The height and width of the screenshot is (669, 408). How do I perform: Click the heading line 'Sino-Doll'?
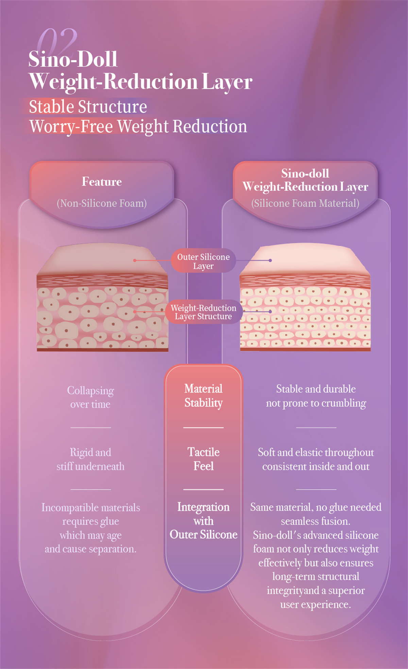[x=73, y=59]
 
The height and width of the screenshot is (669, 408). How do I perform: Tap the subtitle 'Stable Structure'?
[x=88, y=107]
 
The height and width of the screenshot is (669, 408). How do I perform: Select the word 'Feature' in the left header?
[x=102, y=182]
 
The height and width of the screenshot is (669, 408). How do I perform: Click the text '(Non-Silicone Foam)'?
[x=102, y=203]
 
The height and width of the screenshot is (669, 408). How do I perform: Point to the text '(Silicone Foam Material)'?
[x=305, y=203]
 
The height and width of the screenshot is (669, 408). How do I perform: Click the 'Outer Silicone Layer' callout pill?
[x=203, y=261]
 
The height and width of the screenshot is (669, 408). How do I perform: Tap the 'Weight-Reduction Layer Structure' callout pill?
[x=203, y=312]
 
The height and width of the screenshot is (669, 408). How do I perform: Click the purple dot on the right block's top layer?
[x=270, y=260]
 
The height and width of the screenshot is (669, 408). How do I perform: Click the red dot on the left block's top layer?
[x=135, y=260]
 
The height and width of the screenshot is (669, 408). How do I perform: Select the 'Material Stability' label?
[x=203, y=396]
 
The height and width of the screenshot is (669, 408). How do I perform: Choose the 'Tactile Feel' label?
[x=203, y=459]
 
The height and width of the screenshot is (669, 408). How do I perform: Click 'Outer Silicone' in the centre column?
[x=203, y=535]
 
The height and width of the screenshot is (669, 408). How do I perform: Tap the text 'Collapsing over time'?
[x=90, y=397]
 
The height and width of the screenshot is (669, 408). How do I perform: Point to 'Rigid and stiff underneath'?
[x=90, y=459]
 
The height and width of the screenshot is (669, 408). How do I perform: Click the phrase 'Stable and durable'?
[x=316, y=389]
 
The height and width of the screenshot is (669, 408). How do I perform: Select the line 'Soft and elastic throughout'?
[x=316, y=452]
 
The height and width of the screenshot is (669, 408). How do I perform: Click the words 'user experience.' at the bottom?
[x=316, y=604]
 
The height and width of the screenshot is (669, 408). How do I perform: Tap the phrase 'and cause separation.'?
[x=90, y=549]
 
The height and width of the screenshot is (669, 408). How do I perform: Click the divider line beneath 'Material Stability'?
[x=203, y=427]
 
